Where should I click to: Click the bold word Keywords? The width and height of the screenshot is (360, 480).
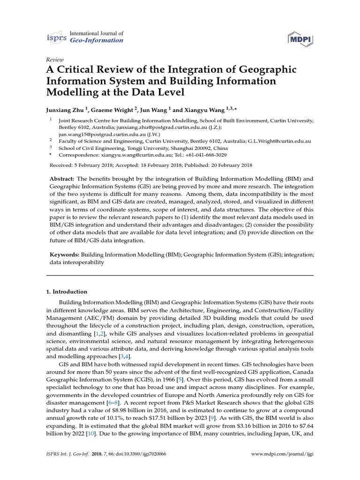point(65,255)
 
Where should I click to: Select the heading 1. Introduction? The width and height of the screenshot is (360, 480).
point(67,291)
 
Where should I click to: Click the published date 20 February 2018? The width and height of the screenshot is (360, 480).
point(228,165)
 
